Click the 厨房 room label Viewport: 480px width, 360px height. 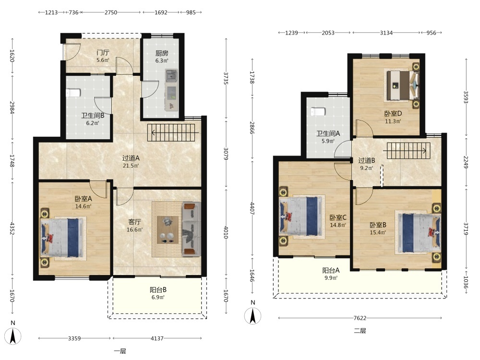162,53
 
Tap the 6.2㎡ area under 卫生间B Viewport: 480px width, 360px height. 93,123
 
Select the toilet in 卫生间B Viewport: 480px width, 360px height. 73,93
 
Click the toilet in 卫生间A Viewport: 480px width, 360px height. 317,112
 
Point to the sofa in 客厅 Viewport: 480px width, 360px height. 192,228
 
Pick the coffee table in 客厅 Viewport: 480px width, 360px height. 168,230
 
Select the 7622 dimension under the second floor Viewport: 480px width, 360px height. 360,318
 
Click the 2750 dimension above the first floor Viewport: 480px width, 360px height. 110,12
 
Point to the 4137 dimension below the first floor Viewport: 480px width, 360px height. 157,338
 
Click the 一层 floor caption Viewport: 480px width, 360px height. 120,351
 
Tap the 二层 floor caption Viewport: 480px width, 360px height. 360,331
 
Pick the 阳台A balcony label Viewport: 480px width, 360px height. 331,270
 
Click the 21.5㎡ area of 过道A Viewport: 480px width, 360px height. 131,166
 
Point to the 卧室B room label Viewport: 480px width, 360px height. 378,225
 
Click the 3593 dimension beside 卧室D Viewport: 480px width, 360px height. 466,97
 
